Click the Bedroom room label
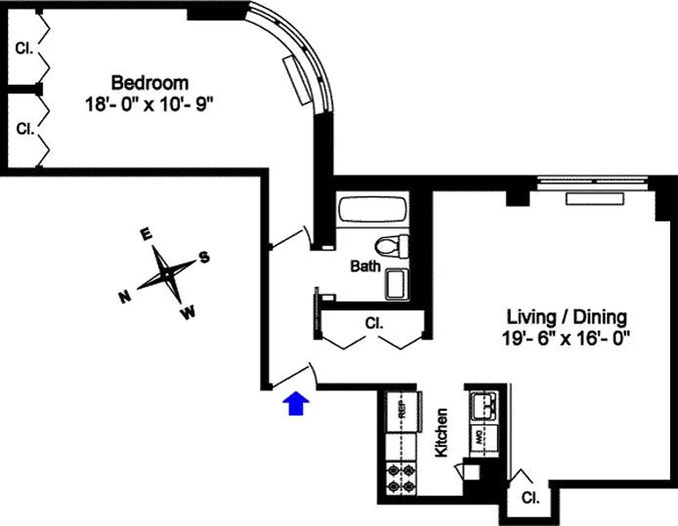149,84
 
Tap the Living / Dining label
566,317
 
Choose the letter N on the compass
123,298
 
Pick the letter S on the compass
204,257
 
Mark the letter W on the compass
188,314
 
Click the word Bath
365,266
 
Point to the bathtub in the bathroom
371,211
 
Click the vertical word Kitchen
441,433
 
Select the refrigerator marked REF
402,412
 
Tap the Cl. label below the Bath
374,323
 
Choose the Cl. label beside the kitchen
530,498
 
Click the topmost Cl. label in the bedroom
24,48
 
